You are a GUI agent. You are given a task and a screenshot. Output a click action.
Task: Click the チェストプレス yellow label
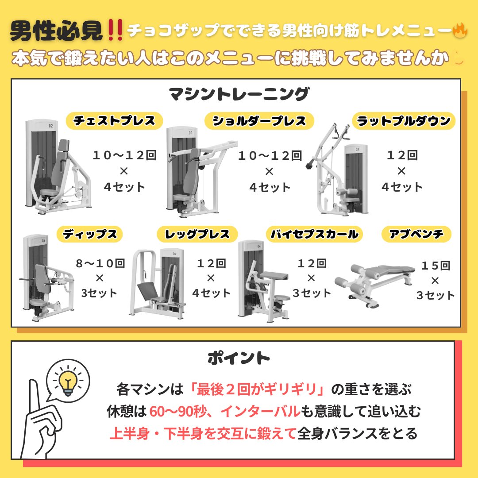click(114, 120)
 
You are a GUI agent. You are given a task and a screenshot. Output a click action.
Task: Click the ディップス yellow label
click(90, 234)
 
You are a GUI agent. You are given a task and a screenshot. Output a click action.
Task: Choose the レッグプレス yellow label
click(197, 234)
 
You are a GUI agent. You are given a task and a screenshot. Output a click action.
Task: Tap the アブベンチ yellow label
click(416, 234)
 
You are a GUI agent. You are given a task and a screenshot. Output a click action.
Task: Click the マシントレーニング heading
click(239, 95)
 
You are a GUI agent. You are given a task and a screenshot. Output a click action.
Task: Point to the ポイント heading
click(239, 358)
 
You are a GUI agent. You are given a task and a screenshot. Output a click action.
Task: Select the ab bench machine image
click(374, 283)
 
